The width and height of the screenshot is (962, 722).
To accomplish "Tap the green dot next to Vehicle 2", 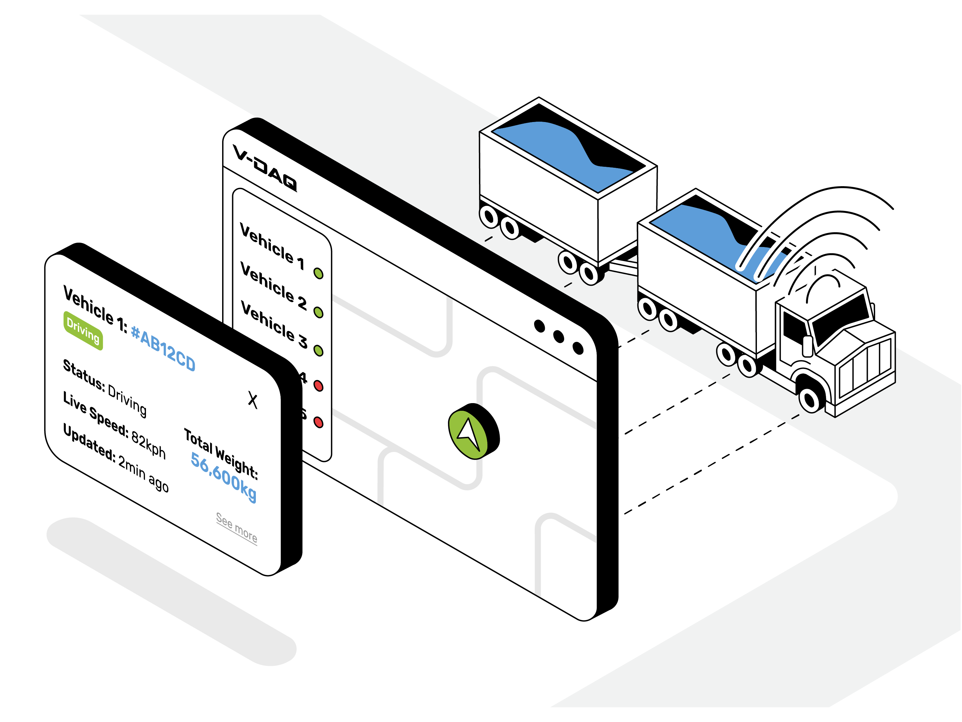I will (x=318, y=313).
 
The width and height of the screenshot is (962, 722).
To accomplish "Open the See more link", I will (x=236, y=527).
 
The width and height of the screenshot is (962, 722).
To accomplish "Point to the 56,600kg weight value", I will (x=223, y=477).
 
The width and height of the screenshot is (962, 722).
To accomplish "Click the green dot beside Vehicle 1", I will (x=318, y=273).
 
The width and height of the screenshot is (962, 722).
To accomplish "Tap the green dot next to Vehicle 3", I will (x=318, y=350).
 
